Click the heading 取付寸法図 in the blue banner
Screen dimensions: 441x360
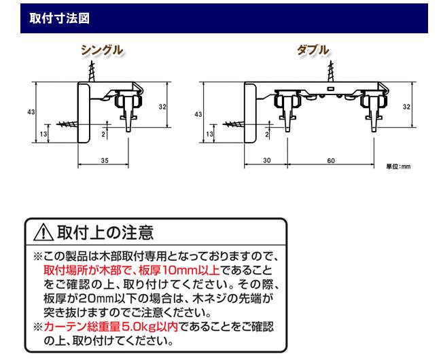pyautogui.click(x=59, y=18)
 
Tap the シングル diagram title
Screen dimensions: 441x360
pyautogui.click(x=102, y=50)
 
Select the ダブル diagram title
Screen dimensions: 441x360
pyautogui.click(x=313, y=50)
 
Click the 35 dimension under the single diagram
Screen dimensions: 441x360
pyautogui.click(x=105, y=160)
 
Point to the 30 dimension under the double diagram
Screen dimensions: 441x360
pyautogui.click(x=267, y=160)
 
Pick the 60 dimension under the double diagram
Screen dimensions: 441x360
pyautogui.click(x=331, y=160)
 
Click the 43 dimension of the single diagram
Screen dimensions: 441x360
pyautogui.click(x=31, y=112)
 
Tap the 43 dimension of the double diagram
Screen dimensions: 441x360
pyautogui.click(x=198, y=114)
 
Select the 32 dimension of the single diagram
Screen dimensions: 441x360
pyautogui.click(x=162, y=107)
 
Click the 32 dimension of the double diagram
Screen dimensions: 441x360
pyautogui.click(x=406, y=107)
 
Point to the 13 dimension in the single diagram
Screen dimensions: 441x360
pyautogui.click(x=43, y=134)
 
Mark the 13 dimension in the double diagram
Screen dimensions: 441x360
pyautogui.click(x=209, y=134)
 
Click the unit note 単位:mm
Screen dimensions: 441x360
pyautogui.click(x=398, y=166)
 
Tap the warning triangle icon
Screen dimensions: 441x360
pyautogui.click(x=43, y=232)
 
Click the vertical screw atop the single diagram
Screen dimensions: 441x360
pyautogui.click(x=92, y=71)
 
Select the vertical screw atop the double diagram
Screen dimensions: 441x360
pyautogui.click(x=331, y=71)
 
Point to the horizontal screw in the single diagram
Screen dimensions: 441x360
pyautogui.click(x=67, y=124)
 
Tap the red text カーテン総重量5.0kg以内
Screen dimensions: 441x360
pyautogui.click(x=111, y=327)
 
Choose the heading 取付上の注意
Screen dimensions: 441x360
pyautogui.click(x=105, y=232)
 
